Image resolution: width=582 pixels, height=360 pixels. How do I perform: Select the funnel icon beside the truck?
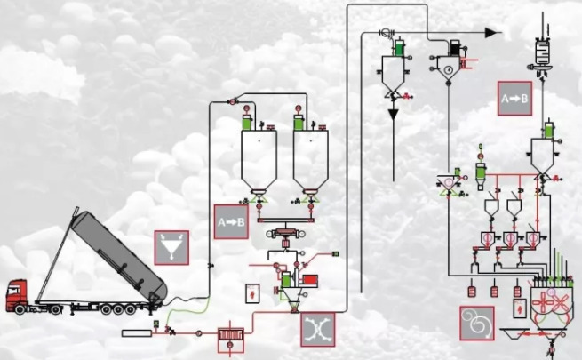(x=172, y=246)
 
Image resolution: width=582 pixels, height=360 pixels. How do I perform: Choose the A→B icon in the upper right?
(x=514, y=99)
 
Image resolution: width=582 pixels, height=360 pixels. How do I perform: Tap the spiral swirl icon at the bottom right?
(x=476, y=322)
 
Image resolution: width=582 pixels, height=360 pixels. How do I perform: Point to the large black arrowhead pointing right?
(x=491, y=33)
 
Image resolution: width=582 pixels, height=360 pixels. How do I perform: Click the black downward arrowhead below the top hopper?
(x=393, y=115)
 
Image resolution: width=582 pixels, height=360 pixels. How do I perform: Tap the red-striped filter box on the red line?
(x=233, y=335)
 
